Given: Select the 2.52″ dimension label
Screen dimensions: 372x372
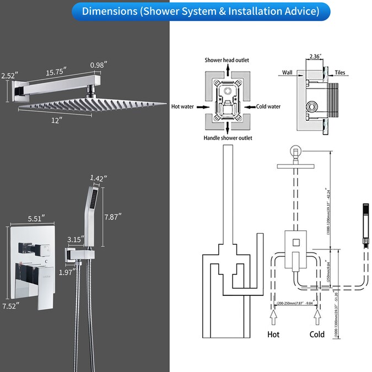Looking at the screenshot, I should [9, 76].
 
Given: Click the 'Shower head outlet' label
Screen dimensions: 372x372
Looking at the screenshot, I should [225, 60].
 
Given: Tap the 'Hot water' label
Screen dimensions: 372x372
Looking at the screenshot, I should [182, 106].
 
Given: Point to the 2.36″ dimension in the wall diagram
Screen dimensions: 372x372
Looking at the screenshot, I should [315, 56].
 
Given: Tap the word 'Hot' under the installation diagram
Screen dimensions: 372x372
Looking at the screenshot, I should [274, 335].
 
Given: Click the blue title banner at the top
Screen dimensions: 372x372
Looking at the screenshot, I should [186, 10].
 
